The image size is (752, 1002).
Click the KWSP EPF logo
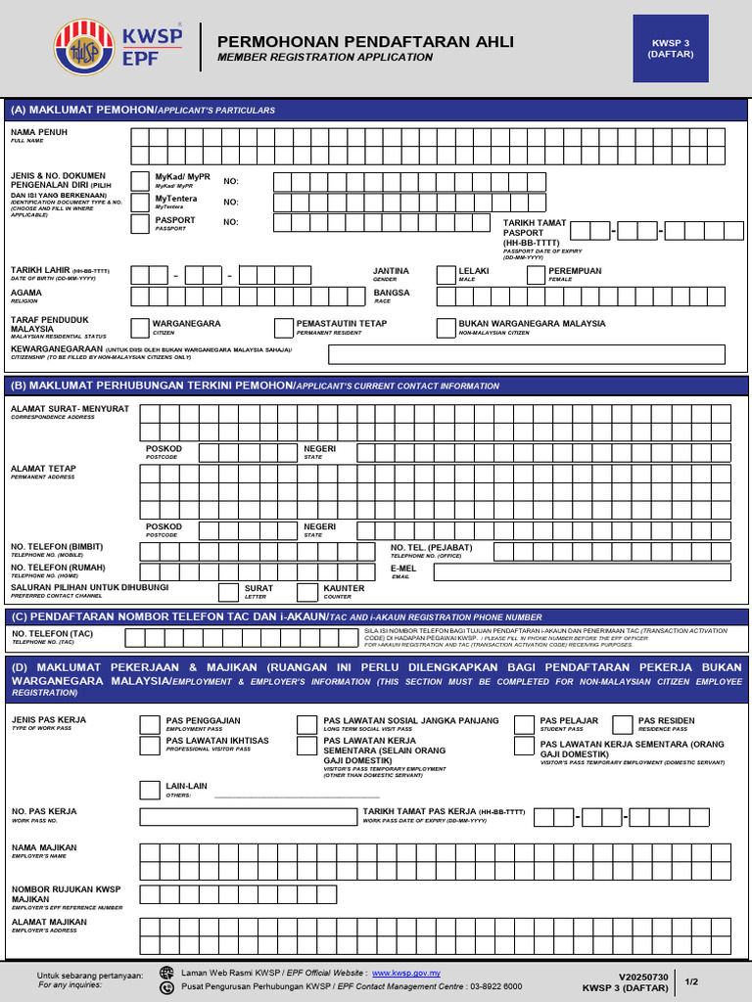[x=118, y=50]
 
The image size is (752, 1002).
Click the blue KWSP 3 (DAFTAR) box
[x=671, y=49]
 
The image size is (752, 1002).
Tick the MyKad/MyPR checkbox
[x=140, y=181]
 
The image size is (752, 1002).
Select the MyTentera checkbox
[x=140, y=203]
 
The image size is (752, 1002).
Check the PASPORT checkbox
[x=140, y=224]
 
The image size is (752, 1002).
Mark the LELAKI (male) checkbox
[x=446, y=275]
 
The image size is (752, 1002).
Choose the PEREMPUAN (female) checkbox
[x=536, y=275]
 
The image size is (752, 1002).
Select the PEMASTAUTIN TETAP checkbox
[x=283, y=327]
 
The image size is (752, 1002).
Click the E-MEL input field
[x=582, y=572]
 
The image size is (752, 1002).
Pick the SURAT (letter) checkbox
[x=228, y=592]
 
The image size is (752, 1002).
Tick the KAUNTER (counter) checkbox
[x=309, y=592]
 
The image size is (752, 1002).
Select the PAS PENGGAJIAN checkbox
[x=150, y=725]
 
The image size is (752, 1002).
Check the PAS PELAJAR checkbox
[x=525, y=725]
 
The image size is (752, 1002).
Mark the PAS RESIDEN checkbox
[x=623, y=725]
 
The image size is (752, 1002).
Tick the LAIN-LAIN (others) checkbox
[x=150, y=791]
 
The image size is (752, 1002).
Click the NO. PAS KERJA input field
[x=247, y=817]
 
